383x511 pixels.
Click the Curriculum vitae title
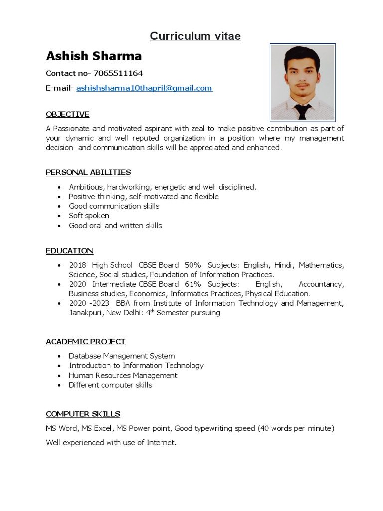(x=195, y=36)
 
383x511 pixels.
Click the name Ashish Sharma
(x=94, y=56)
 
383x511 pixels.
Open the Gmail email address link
(x=144, y=88)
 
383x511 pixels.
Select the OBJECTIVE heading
(x=67, y=114)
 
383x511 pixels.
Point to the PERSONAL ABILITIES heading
(x=88, y=172)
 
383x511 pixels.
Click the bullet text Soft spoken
(x=89, y=216)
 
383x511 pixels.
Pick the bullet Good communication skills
(x=114, y=206)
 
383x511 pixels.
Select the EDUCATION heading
(x=69, y=251)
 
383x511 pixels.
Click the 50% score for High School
(x=192, y=265)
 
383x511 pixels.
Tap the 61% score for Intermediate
(x=191, y=284)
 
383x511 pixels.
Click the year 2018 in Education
(x=77, y=265)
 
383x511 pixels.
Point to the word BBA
(x=123, y=303)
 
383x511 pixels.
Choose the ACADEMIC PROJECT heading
(x=85, y=342)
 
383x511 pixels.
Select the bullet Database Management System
(x=122, y=356)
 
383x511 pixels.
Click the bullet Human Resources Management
(x=123, y=375)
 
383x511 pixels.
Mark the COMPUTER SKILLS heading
(x=83, y=414)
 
